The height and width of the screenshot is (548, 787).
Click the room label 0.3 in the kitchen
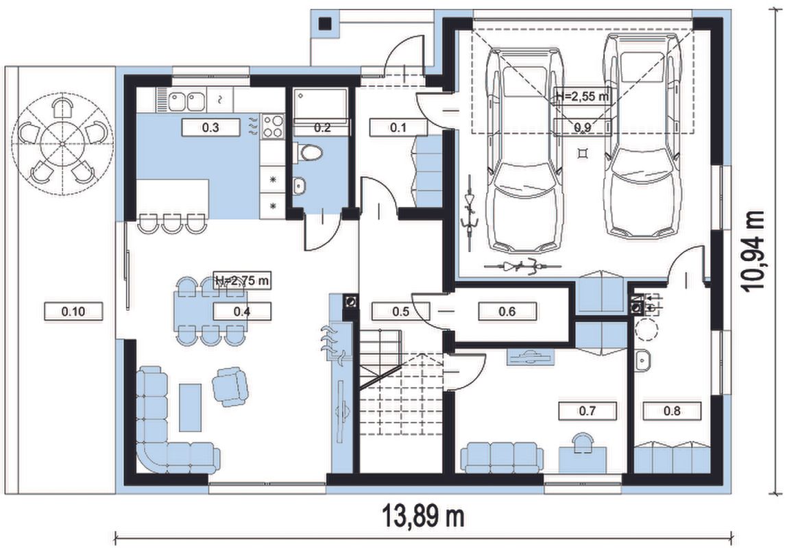210,127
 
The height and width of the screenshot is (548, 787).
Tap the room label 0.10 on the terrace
73,312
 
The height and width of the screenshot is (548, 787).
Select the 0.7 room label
588,411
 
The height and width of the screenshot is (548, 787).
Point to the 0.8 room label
672,411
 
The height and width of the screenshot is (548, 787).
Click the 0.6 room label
507,312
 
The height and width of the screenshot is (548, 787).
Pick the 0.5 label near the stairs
400,312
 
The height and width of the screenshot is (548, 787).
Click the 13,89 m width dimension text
423,516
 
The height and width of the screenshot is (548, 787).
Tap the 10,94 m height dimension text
754,251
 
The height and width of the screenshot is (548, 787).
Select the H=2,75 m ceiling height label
242,281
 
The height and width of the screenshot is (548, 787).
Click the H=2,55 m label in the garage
583,97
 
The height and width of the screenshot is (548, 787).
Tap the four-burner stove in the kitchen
273,126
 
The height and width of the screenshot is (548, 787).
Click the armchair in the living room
230,386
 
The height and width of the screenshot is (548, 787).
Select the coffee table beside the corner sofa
190,407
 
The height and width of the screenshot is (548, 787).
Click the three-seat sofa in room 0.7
502,457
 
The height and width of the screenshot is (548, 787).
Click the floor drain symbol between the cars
582,153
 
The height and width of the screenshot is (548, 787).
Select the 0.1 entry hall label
398,127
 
